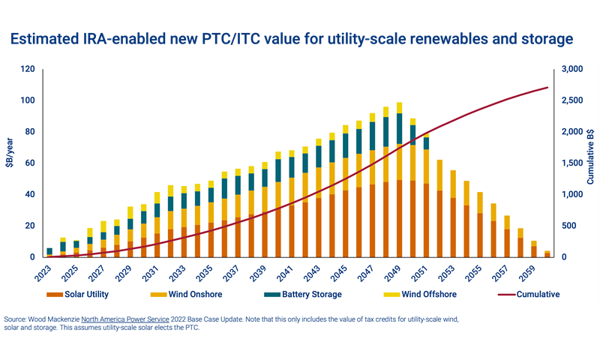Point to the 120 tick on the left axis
coord(28,69)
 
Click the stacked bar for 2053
coord(454,214)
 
